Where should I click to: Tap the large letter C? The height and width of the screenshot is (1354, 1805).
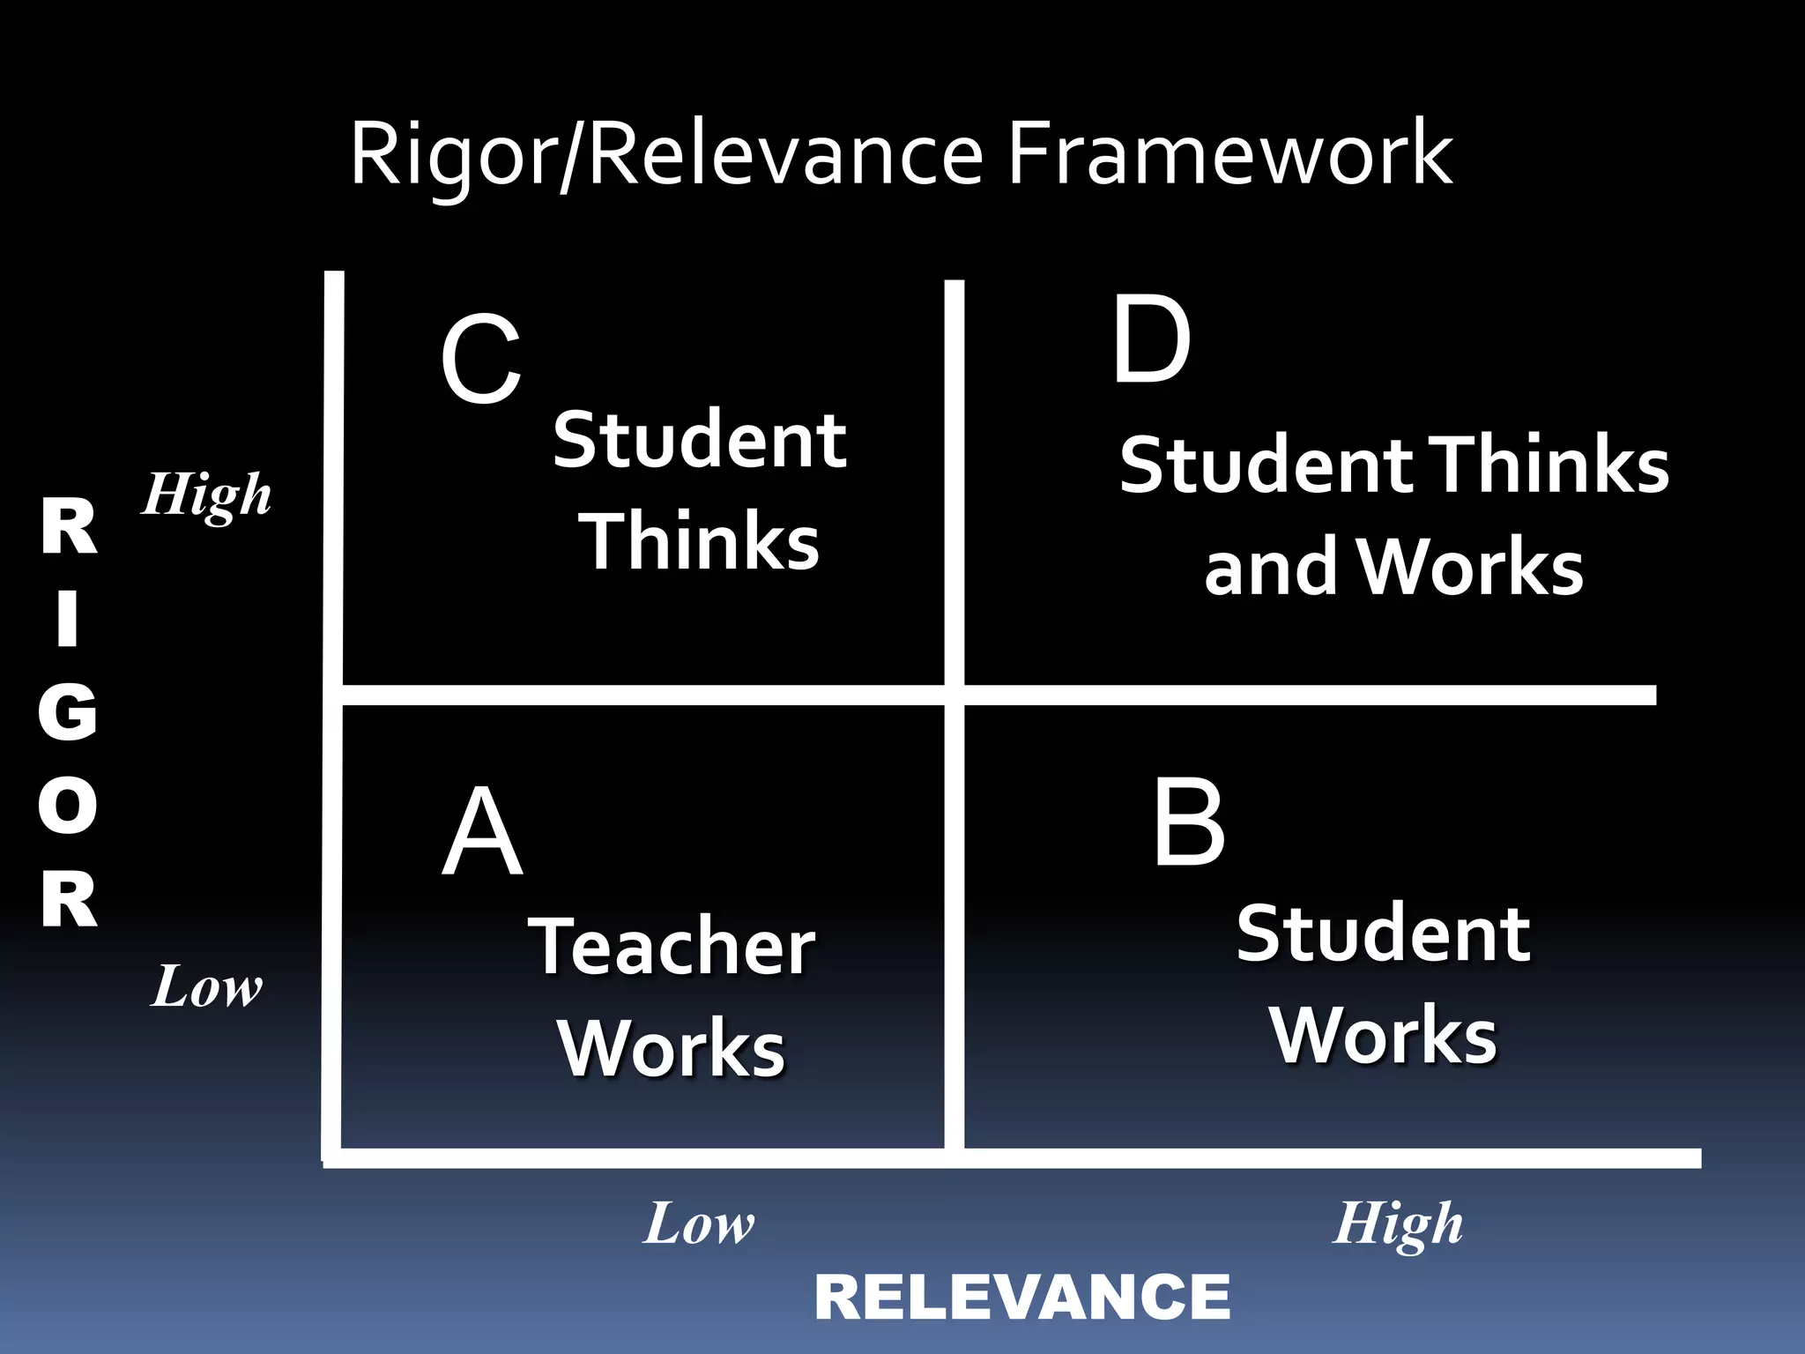(x=481, y=361)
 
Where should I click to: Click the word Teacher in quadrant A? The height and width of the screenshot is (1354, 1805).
(x=672, y=947)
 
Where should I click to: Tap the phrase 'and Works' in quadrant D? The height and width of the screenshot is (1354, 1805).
(x=1393, y=567)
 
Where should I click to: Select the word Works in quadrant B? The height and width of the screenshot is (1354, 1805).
(x=1383, y=1036)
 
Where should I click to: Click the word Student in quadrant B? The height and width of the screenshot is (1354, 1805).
(x=1383, y=934)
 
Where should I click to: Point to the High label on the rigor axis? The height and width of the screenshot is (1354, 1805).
(x=207, y=495)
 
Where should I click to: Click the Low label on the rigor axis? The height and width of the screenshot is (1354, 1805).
(x=207, y=986)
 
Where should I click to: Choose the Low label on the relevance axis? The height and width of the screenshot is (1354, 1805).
(x=699, y=1224)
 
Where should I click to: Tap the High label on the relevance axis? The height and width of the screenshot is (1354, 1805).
(x=1398, y=1224)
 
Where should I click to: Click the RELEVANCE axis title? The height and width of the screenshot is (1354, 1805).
(x=1022, y=1298)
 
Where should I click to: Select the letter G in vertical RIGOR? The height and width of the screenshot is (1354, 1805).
(x=68, y=712)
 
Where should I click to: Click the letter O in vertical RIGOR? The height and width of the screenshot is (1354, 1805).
(x=68, y=806)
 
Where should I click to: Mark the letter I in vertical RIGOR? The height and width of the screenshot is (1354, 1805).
(x=68, y=619)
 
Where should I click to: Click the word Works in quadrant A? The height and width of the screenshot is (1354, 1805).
(x=672, y=1048)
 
